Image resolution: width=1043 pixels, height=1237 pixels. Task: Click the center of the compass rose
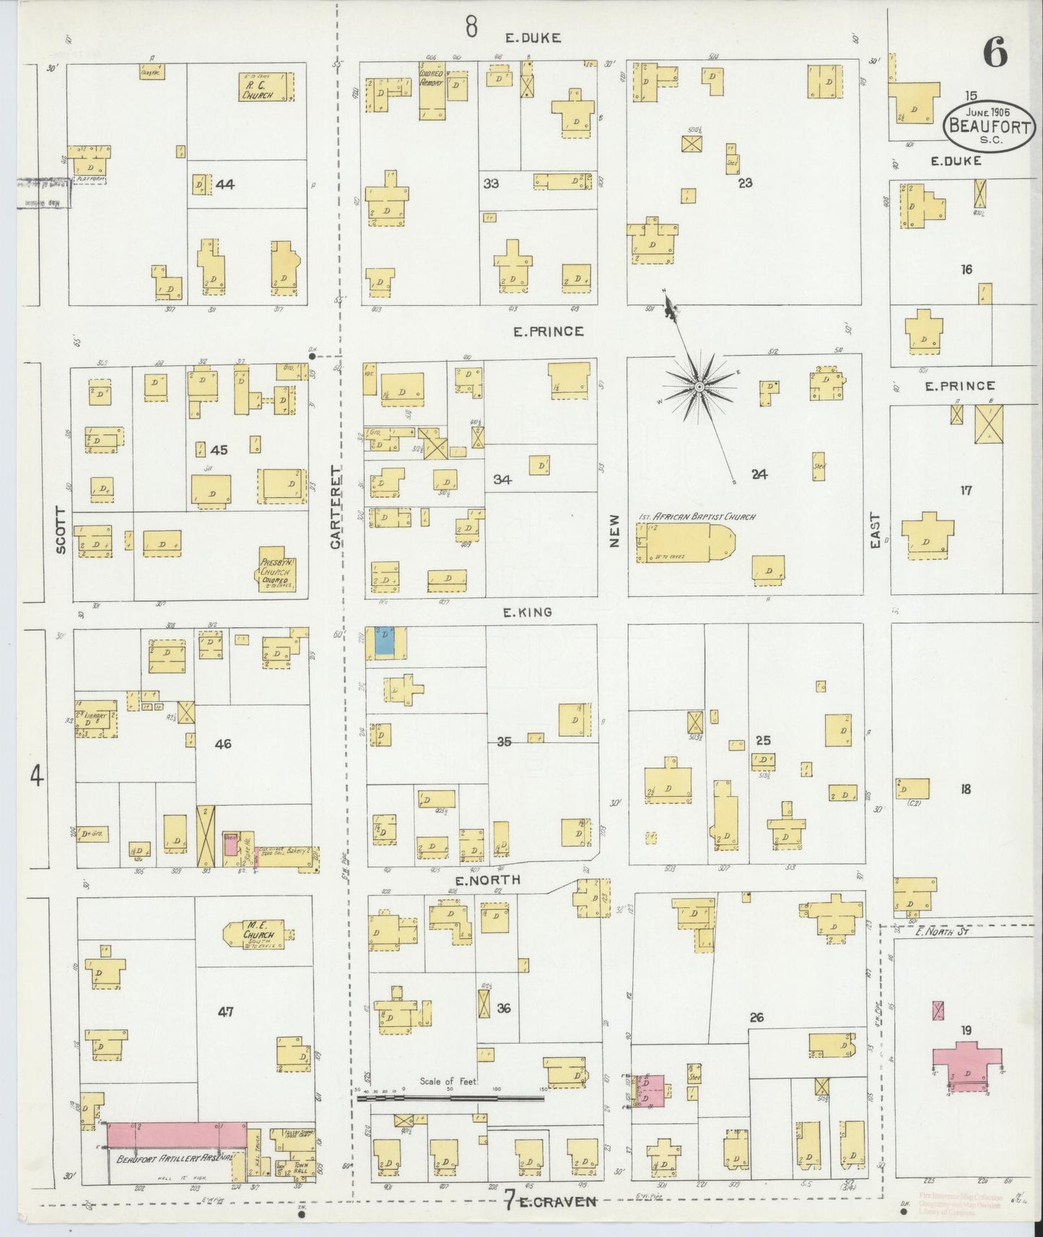point(699,388)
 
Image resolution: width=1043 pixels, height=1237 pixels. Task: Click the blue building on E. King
point(385,640)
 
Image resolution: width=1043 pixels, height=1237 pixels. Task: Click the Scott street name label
point(61,530)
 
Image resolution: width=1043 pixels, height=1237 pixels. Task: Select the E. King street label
point(527,612)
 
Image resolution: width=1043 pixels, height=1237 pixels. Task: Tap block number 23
point(745,183)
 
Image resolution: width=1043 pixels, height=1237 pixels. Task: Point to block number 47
point(226,1012)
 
